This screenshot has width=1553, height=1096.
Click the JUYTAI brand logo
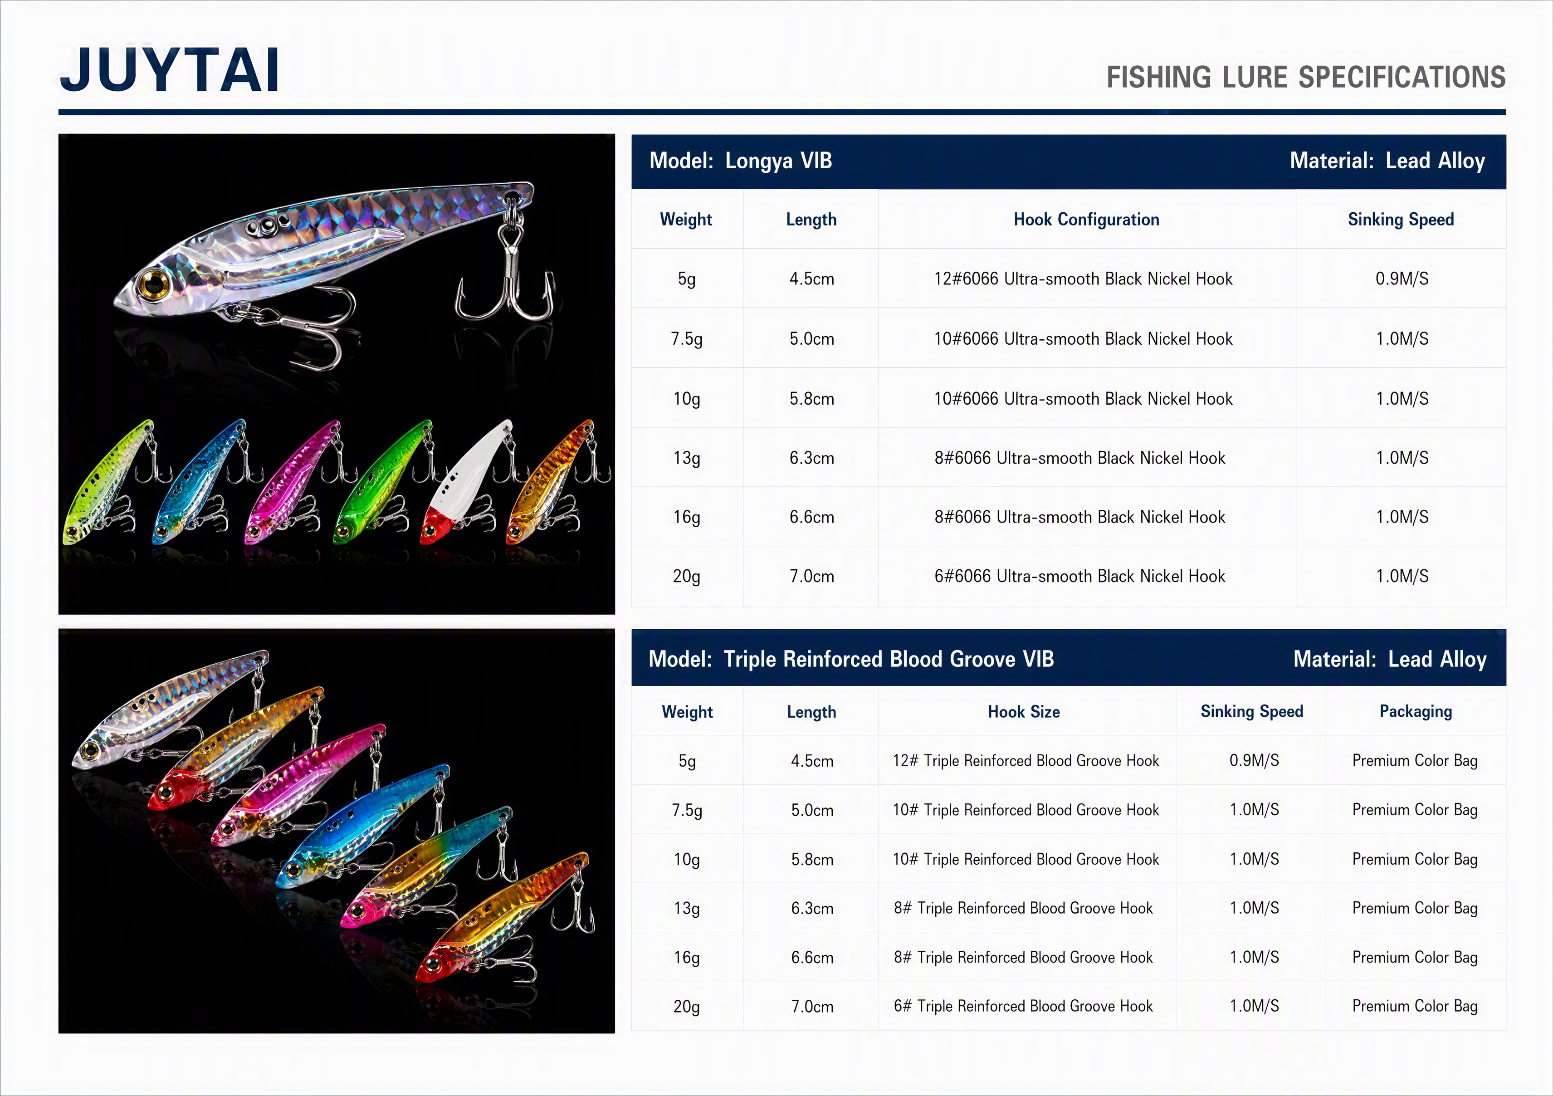[x=170, y=70]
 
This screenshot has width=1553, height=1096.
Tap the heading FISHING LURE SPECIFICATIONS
[x=1305, y=77]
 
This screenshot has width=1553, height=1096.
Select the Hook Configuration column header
[x=1086, y=219]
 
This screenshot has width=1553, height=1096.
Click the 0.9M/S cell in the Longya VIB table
[x=1402, y=279]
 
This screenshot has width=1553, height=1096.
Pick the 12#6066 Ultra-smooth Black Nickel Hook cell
[x=1083, y=279]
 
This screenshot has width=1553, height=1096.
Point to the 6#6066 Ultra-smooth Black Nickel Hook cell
[x=1079, y=577]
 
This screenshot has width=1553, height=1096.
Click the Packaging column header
[x=1416, y=712]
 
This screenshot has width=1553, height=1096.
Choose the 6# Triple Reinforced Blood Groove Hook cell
[x=1023, y=1007]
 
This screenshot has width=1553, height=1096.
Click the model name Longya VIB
[x=778, y=161]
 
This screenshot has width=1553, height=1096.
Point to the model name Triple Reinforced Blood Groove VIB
[x=889, y=660]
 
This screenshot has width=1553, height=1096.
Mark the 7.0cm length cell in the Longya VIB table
[x=812, y=577]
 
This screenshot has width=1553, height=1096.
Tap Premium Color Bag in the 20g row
[x=1415, y=1007]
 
